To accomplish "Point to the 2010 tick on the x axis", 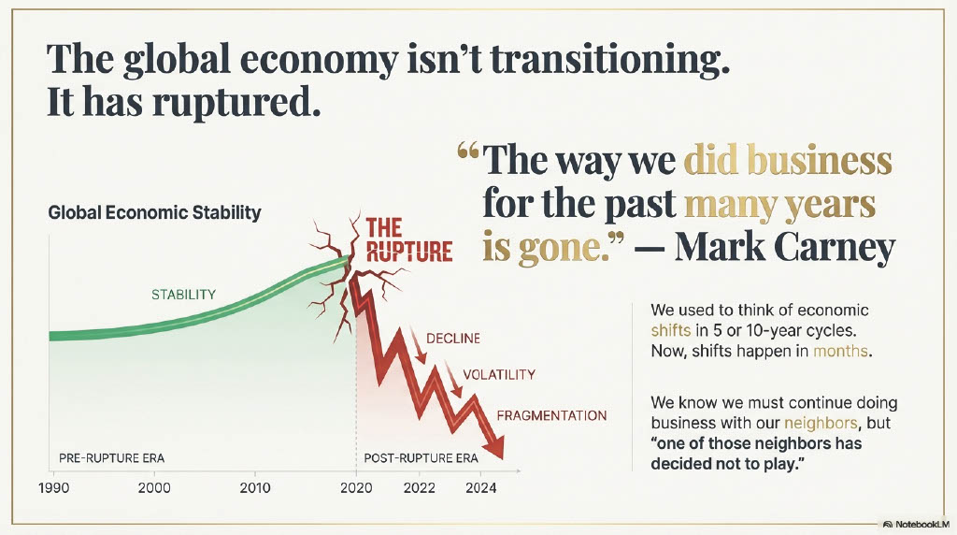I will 254,487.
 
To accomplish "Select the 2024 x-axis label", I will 479,487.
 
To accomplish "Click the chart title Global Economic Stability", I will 154,213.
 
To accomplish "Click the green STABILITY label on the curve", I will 183,295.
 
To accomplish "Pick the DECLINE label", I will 453,338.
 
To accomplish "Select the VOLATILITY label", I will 499,374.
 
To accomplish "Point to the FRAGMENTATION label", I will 551,415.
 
